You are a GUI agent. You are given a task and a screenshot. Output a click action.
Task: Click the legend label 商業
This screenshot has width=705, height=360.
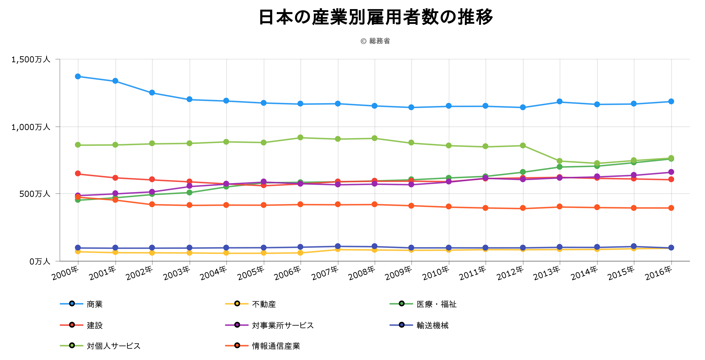pyautogui.click(x=95, y=304)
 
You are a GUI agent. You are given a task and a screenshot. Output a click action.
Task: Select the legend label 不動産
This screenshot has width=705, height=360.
pyautogui.click(x=264, y=304)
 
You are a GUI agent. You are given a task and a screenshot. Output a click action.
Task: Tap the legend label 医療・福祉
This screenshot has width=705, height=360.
pyautogui.click(x=436, y=304)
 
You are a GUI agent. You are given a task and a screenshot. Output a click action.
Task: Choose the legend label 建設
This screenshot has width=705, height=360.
pyautogui.click(x=95, y=325)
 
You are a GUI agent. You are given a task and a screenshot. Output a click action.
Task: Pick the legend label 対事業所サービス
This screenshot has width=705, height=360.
pyautogui.click(x=283, y=325)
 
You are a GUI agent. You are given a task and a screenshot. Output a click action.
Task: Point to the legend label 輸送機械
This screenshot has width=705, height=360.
pyautogui.click(x=432, y=325)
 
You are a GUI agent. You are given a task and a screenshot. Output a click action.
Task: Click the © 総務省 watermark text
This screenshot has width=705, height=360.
pyautogui.click(x=375, y=41)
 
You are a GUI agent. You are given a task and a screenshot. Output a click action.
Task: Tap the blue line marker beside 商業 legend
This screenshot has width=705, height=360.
pyautogui.click(x=72, y=304)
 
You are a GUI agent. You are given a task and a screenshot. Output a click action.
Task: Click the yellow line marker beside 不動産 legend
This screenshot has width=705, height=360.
pyautogui.click(x=237, y=304)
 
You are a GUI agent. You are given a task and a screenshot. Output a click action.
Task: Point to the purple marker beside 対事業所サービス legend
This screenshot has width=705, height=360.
pyautogui.click(x=237, y=325)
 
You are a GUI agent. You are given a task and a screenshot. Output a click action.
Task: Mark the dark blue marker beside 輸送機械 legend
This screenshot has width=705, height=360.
pyautogui.click(x=402, y=325)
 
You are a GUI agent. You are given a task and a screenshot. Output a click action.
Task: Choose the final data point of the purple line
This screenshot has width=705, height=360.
pyautogui.click(x=671, y=172)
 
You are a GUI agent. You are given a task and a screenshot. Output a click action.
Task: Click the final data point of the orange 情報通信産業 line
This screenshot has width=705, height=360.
pyautogui.click(x=671, y=208)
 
